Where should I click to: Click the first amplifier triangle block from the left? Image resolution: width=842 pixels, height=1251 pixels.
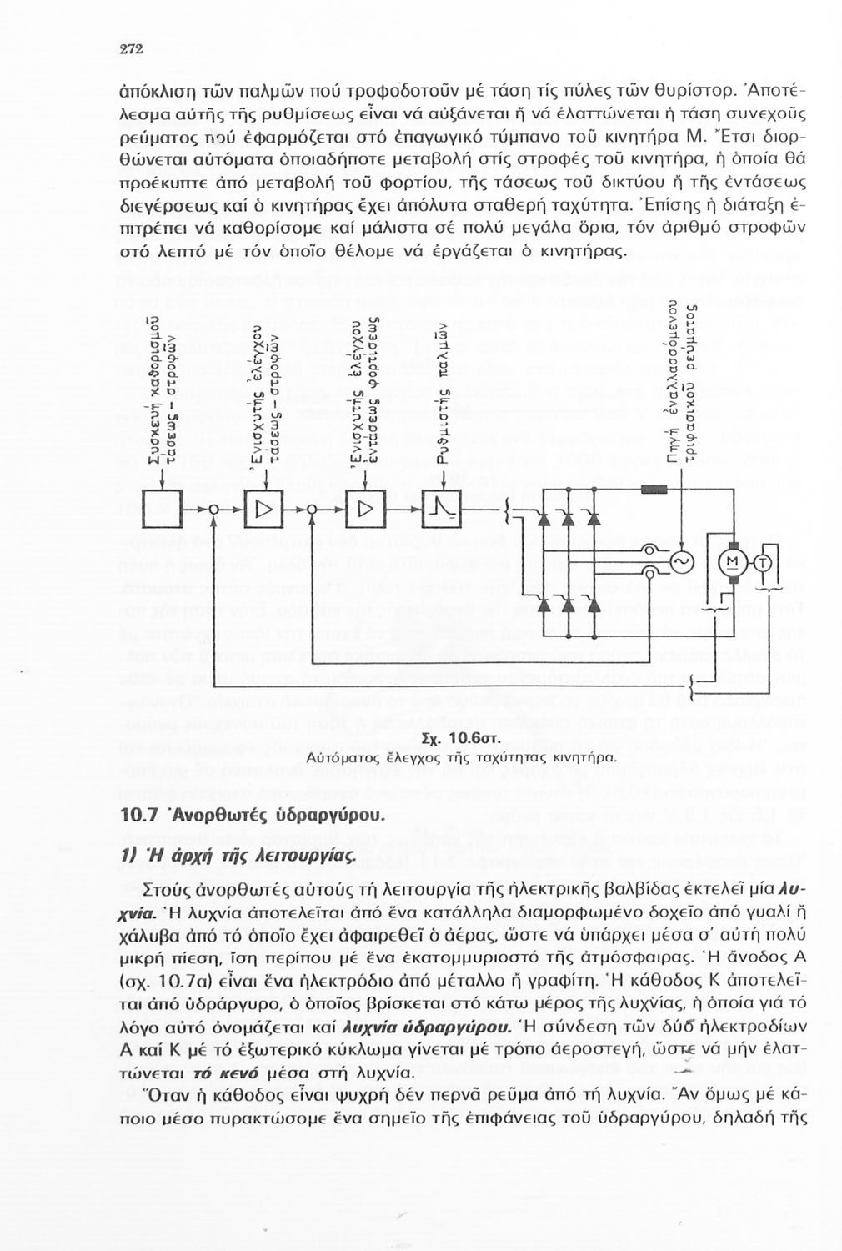(265, 509)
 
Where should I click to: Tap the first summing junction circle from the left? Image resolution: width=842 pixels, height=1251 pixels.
(215, 510)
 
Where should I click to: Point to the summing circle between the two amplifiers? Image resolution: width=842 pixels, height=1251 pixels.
(313, 510)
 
